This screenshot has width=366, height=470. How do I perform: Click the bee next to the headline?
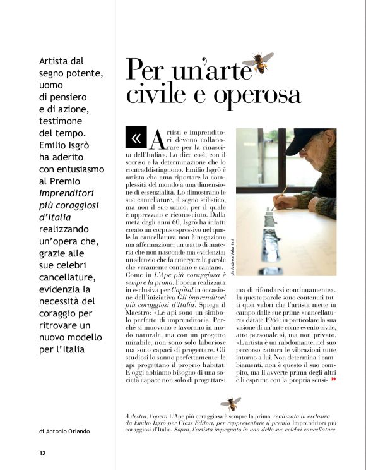[x=260, y=63]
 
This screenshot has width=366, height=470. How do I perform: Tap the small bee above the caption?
[x=231, y=403]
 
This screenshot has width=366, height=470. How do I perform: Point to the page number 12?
[x=42, y=453]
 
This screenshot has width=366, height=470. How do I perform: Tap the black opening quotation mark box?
[x=136, y=137]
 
